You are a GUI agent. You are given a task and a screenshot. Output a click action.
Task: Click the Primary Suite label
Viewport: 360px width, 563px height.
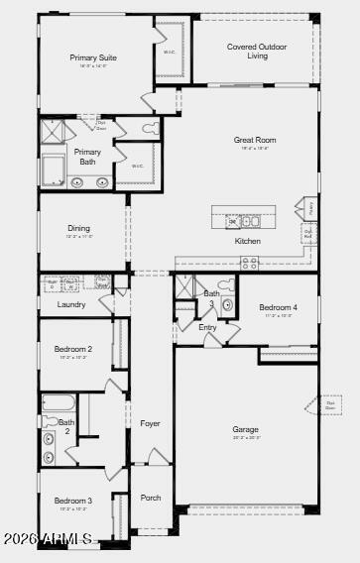[x=93, y=57]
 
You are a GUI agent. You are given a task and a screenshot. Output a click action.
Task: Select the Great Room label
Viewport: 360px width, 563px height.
[x=255, y=140]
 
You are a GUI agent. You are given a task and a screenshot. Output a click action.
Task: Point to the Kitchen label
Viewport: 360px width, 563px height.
[x=248, y=241]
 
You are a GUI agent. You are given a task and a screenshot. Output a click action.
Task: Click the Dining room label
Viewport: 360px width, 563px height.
[x=78, y=228]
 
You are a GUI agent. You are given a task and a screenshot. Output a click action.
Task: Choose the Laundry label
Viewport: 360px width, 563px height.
[x=71, y=304]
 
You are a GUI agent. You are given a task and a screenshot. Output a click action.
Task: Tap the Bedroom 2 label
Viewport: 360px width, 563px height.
[x=73, y=349]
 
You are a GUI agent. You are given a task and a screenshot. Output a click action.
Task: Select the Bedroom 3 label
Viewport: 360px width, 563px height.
[x=73, y=501]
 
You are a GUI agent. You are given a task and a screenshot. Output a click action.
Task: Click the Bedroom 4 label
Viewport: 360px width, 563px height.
[x=278, y=307]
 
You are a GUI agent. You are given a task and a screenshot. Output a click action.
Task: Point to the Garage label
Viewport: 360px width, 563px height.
[x=245, y=429]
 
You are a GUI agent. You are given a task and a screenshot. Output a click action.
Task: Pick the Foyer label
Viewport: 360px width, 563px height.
[x=150, y=423]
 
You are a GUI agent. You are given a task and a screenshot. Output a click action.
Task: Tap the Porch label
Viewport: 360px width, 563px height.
[x=150, y=498]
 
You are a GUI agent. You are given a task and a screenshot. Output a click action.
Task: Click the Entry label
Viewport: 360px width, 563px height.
[x=207, y=327]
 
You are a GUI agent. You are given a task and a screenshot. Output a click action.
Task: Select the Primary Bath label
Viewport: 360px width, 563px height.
[x=87, y=157]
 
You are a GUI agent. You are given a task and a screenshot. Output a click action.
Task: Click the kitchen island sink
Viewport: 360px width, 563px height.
[x=234, y=222]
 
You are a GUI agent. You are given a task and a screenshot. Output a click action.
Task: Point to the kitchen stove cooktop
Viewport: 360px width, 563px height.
[x=249, y=263]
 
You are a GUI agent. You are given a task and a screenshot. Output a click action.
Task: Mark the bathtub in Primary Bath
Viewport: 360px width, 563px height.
[x=53, y=170]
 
